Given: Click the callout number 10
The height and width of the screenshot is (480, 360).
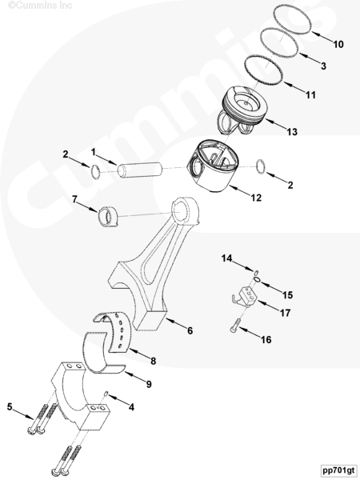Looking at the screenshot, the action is pyautogui.click(x=338, y=44).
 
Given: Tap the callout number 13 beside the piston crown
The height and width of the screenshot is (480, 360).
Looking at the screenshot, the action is pyautogui.click(x=292, y=132).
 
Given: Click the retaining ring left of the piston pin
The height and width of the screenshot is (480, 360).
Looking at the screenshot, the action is pyautogui.click(x=95, y=171).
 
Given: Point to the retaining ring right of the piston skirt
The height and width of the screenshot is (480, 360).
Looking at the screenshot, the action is pyautogui.click(x=261, y=167).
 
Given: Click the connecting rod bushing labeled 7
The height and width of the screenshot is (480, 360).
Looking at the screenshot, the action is pyautogui.click(x=107, y=217).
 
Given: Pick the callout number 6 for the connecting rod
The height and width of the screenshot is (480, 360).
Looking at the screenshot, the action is pyautogui.click(x=190, y=330).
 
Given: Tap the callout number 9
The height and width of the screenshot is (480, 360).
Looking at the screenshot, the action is pyautogui.click(x=149, y=384).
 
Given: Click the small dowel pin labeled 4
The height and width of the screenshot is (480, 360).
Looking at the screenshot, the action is pyautogui.click(x=106, y=394).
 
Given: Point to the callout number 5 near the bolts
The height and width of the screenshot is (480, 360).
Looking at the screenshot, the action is pyautogui.click(x=10, y=407).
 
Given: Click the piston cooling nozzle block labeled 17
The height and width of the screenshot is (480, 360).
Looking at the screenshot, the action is pyautogui.click(x=246, y=296).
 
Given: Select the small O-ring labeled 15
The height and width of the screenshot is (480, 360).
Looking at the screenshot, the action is pyautogui.click(x=258, y=279).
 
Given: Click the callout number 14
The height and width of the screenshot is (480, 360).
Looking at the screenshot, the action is pyautogui.click(x=227, y=258).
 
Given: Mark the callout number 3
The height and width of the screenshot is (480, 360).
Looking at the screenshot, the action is pyautogui.click(x=323, y=66).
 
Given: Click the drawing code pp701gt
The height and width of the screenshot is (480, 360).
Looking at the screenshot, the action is pyautogui.click(x=338, y=470).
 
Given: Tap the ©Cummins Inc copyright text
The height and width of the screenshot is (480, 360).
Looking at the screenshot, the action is pyautogui.click(x=40, y=6).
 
